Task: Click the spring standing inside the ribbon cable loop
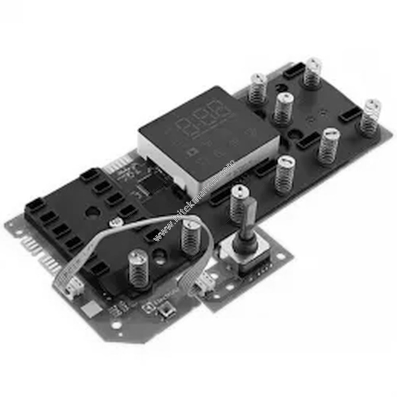click(191, 237)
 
